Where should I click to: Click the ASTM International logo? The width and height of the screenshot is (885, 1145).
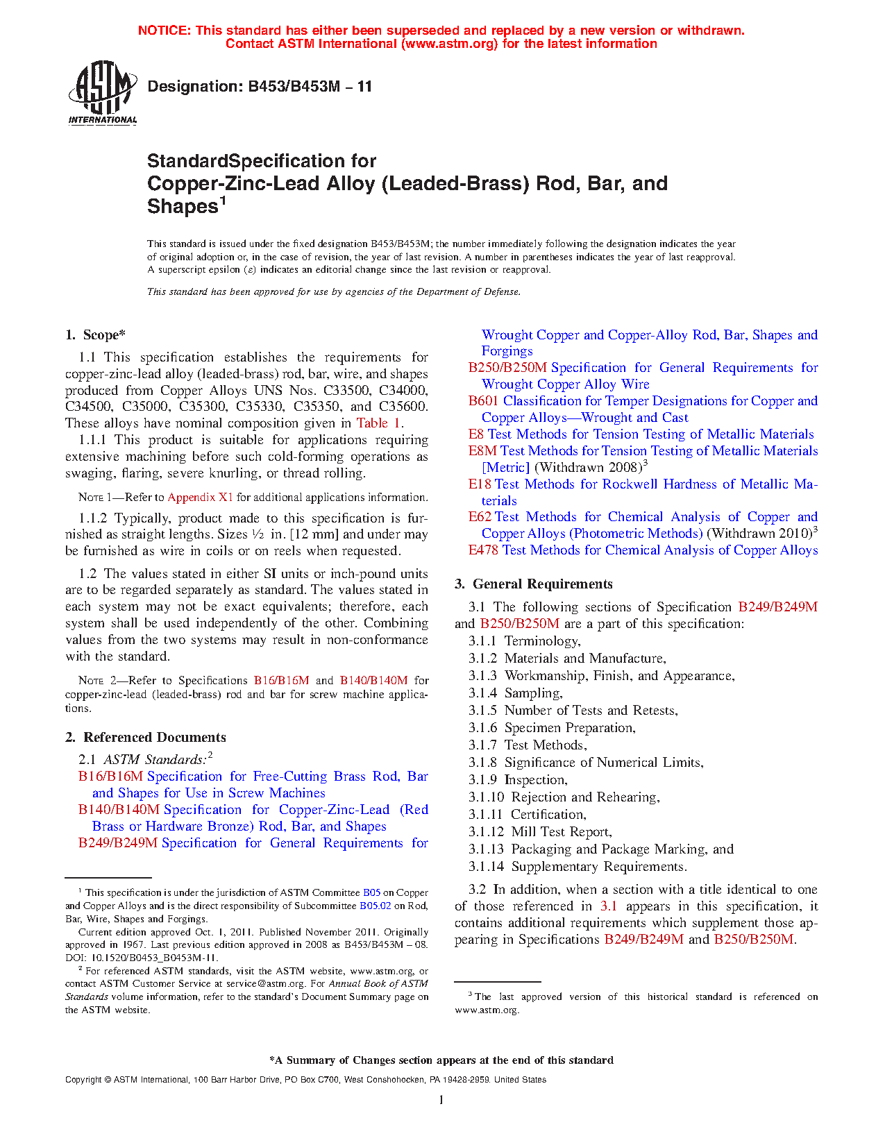103,92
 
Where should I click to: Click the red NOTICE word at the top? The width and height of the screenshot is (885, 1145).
164,31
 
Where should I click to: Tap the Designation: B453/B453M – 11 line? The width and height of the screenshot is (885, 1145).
260,87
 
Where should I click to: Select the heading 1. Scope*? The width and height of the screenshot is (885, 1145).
96,335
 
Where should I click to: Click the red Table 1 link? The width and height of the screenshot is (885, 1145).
378,423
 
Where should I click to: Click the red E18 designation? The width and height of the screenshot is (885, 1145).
480,484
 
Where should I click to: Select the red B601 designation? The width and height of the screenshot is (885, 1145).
483,401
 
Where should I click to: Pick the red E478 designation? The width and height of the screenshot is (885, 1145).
483,550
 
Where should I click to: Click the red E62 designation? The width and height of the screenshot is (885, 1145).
480,517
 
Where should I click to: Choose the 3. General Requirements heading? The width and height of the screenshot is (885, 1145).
534,584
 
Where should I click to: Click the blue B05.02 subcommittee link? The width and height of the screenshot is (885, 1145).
375,906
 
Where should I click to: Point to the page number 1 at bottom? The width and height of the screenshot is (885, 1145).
441,1100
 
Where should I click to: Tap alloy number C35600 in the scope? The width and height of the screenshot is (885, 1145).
403,407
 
